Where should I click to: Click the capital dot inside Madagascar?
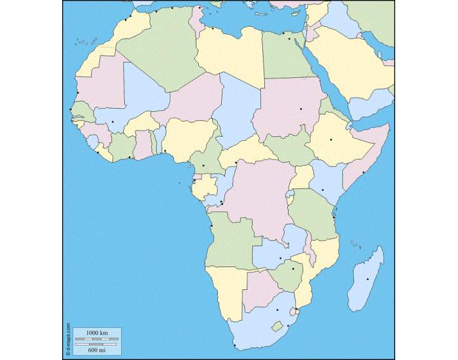(368, 279)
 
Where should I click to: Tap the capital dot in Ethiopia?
(331, 139)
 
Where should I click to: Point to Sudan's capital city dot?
(301, 109)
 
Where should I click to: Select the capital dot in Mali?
(113, 122)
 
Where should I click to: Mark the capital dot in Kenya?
(323, 190)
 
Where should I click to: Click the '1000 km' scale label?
(96, 333)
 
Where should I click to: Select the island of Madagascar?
(366, 281)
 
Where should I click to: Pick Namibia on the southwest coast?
(226, 288)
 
